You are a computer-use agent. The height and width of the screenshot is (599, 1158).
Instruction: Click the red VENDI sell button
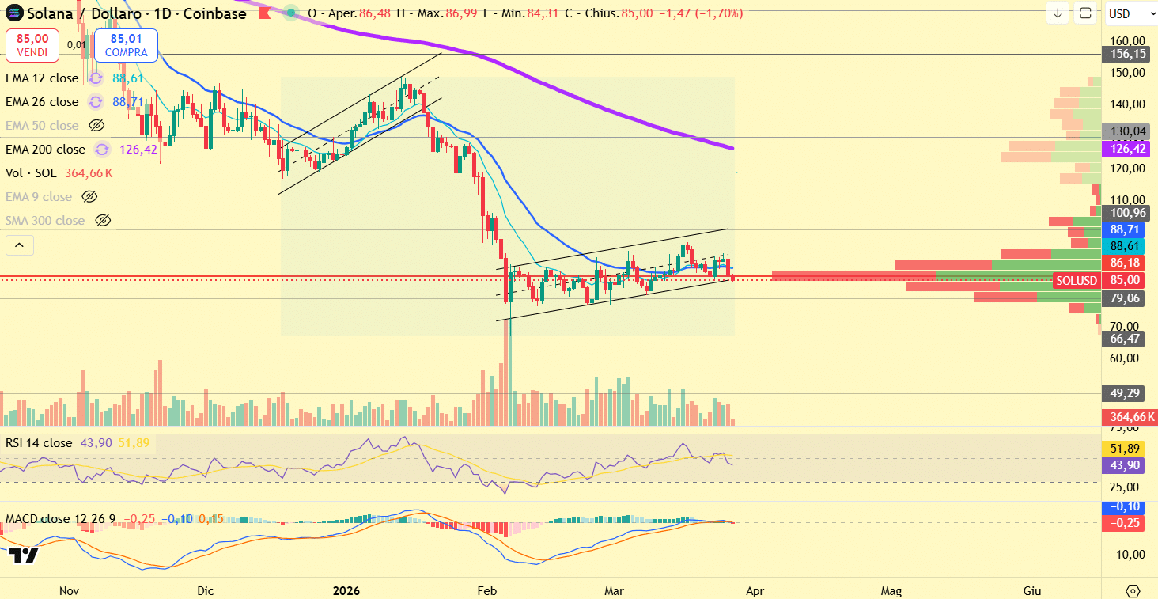pos(32,45)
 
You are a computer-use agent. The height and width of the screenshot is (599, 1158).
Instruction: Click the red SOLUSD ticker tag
pos(1077,280)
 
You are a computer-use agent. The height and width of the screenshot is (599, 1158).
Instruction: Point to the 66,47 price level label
pos(1125,339)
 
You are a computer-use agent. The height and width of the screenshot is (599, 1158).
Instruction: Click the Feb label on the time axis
pos(486,590)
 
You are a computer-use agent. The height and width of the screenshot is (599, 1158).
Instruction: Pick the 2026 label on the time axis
pos(346,590)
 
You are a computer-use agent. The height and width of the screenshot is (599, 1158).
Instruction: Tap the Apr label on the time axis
pos(755,590)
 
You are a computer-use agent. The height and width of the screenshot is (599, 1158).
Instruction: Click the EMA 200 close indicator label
pos(45,149)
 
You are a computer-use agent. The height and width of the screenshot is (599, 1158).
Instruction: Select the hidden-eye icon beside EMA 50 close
pos(96,125)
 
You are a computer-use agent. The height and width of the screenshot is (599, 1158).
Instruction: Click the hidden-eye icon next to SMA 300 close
pos(102,220)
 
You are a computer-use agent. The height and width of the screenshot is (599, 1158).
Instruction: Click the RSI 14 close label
pos(38,443)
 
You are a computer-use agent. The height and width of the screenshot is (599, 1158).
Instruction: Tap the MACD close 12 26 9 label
pos(60,519)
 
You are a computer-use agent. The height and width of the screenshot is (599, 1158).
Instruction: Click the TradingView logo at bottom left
pos(24,555)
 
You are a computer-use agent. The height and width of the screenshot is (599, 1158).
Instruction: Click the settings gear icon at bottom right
pos(1133,591)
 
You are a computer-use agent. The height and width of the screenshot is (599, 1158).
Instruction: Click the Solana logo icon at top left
pos(13,13)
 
